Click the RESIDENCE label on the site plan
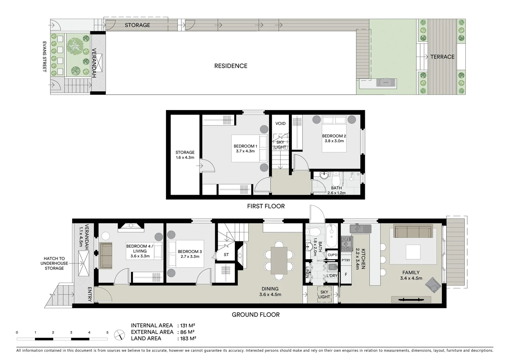230,66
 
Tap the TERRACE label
442,57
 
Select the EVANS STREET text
44,57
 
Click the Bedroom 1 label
245,146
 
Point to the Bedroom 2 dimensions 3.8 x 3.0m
334,141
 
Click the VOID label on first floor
280,123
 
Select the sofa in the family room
413,231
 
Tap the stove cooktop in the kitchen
347,244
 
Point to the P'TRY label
346,260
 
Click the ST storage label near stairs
226,255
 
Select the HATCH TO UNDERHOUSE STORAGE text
54,263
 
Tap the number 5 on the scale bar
107,332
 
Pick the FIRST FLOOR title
266,206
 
